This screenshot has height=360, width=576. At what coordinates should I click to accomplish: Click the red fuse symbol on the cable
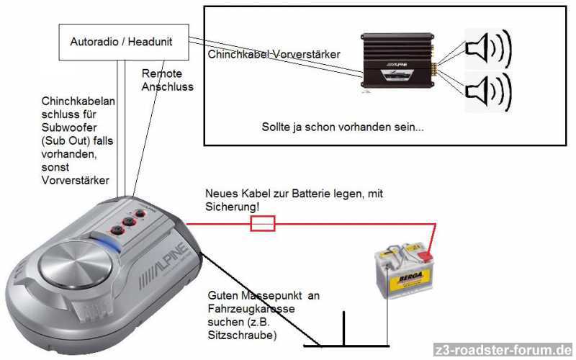pos(261,225)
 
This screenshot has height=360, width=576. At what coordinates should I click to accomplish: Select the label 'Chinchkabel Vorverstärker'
pos(274,54)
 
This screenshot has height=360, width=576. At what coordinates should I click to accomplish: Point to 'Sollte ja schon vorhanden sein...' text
pos(343,127)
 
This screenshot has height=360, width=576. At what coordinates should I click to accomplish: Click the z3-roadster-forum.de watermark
pos(503,351)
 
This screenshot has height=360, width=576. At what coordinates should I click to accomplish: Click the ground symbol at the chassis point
pos(344,338)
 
